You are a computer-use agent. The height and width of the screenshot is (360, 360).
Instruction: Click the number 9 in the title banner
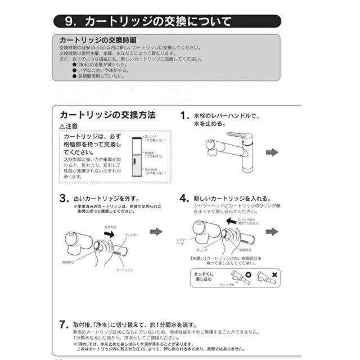(70, 22)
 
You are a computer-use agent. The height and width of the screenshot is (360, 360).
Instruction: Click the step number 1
(183, 116)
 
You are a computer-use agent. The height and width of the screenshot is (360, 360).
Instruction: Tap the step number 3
(64, 199)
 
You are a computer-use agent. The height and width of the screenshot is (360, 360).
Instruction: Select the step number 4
(183, 199)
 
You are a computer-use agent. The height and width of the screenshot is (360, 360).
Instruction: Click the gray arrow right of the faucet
(272, 152)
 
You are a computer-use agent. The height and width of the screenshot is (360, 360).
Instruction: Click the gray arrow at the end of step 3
(156, 231)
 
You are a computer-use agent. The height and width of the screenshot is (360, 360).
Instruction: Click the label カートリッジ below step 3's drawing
(124, 270)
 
